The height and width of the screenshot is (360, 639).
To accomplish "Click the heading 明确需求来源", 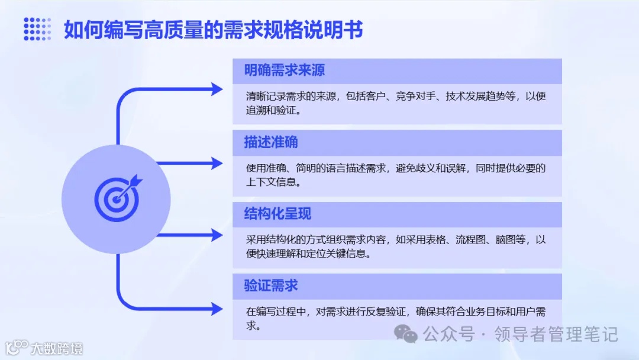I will [285, 70].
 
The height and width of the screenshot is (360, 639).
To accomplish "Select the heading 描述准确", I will [271, 142].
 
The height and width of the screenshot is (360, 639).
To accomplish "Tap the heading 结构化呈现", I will [277, 214].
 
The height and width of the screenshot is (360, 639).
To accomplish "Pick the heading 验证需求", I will [271, 285].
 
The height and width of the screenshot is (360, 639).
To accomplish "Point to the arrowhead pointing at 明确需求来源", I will [217, 89].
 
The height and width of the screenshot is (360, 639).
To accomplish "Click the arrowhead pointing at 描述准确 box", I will [217, 162].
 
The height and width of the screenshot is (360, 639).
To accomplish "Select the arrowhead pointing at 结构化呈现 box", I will [217, 235].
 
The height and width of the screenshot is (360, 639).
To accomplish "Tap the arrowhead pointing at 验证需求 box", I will [217, 308].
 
